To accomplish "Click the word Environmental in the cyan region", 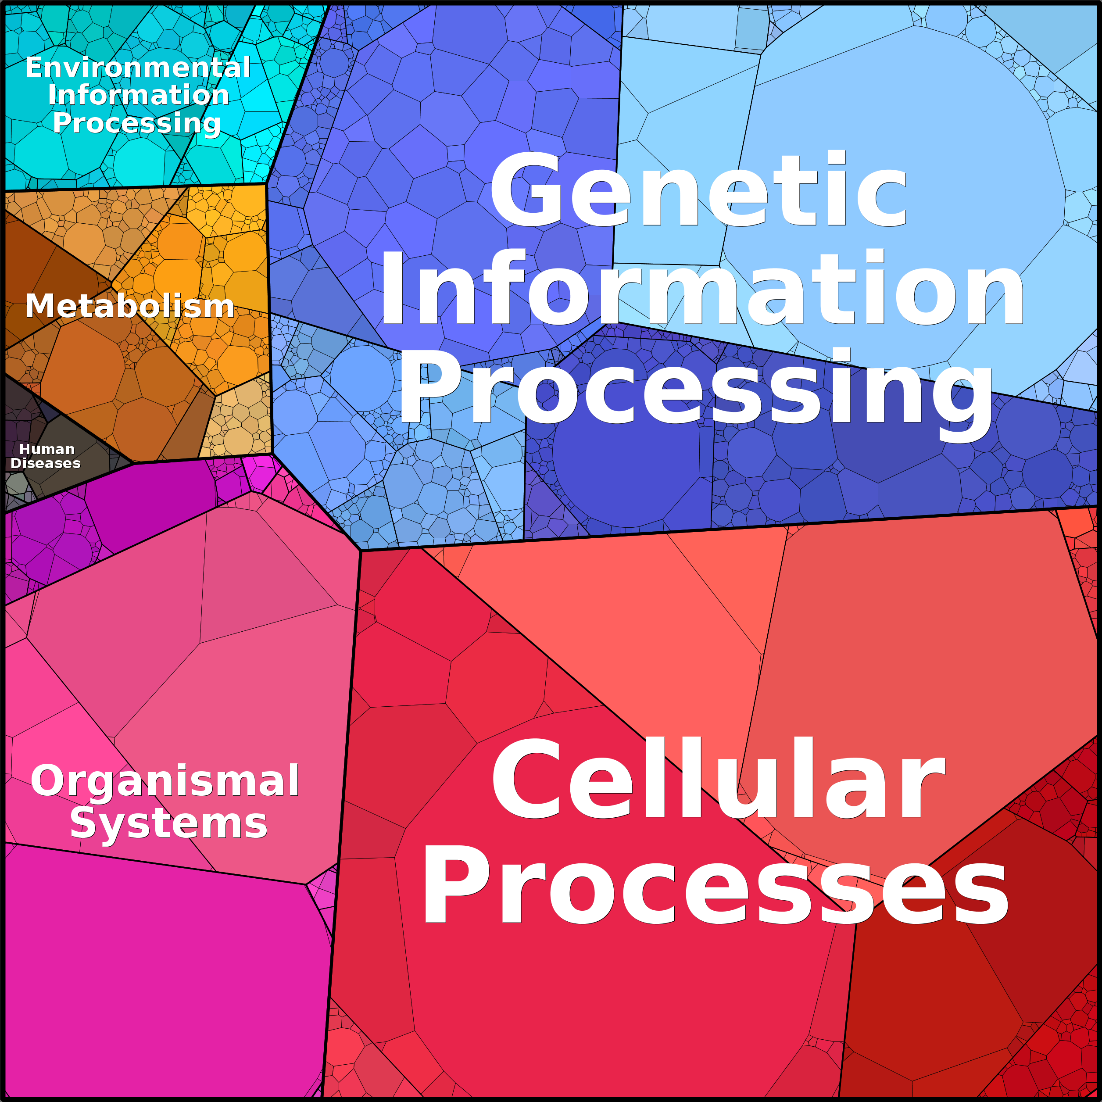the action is tap(138, 67).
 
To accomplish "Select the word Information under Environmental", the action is tap(139, 95).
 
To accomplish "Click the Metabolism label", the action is tap(130, 306).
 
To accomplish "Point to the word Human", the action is tap(47, 450).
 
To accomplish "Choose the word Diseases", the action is tap(46, 463).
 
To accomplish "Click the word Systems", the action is tap(169, 823).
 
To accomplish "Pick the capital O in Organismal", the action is tap(48, 781).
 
